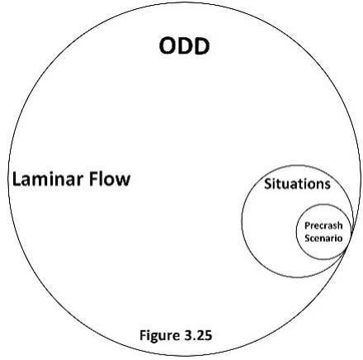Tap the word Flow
(111, 178)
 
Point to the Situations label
(297, 183)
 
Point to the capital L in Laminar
(15, 178)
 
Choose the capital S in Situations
(267, 183)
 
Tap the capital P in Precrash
(307, 225)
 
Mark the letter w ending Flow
(124, 179)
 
